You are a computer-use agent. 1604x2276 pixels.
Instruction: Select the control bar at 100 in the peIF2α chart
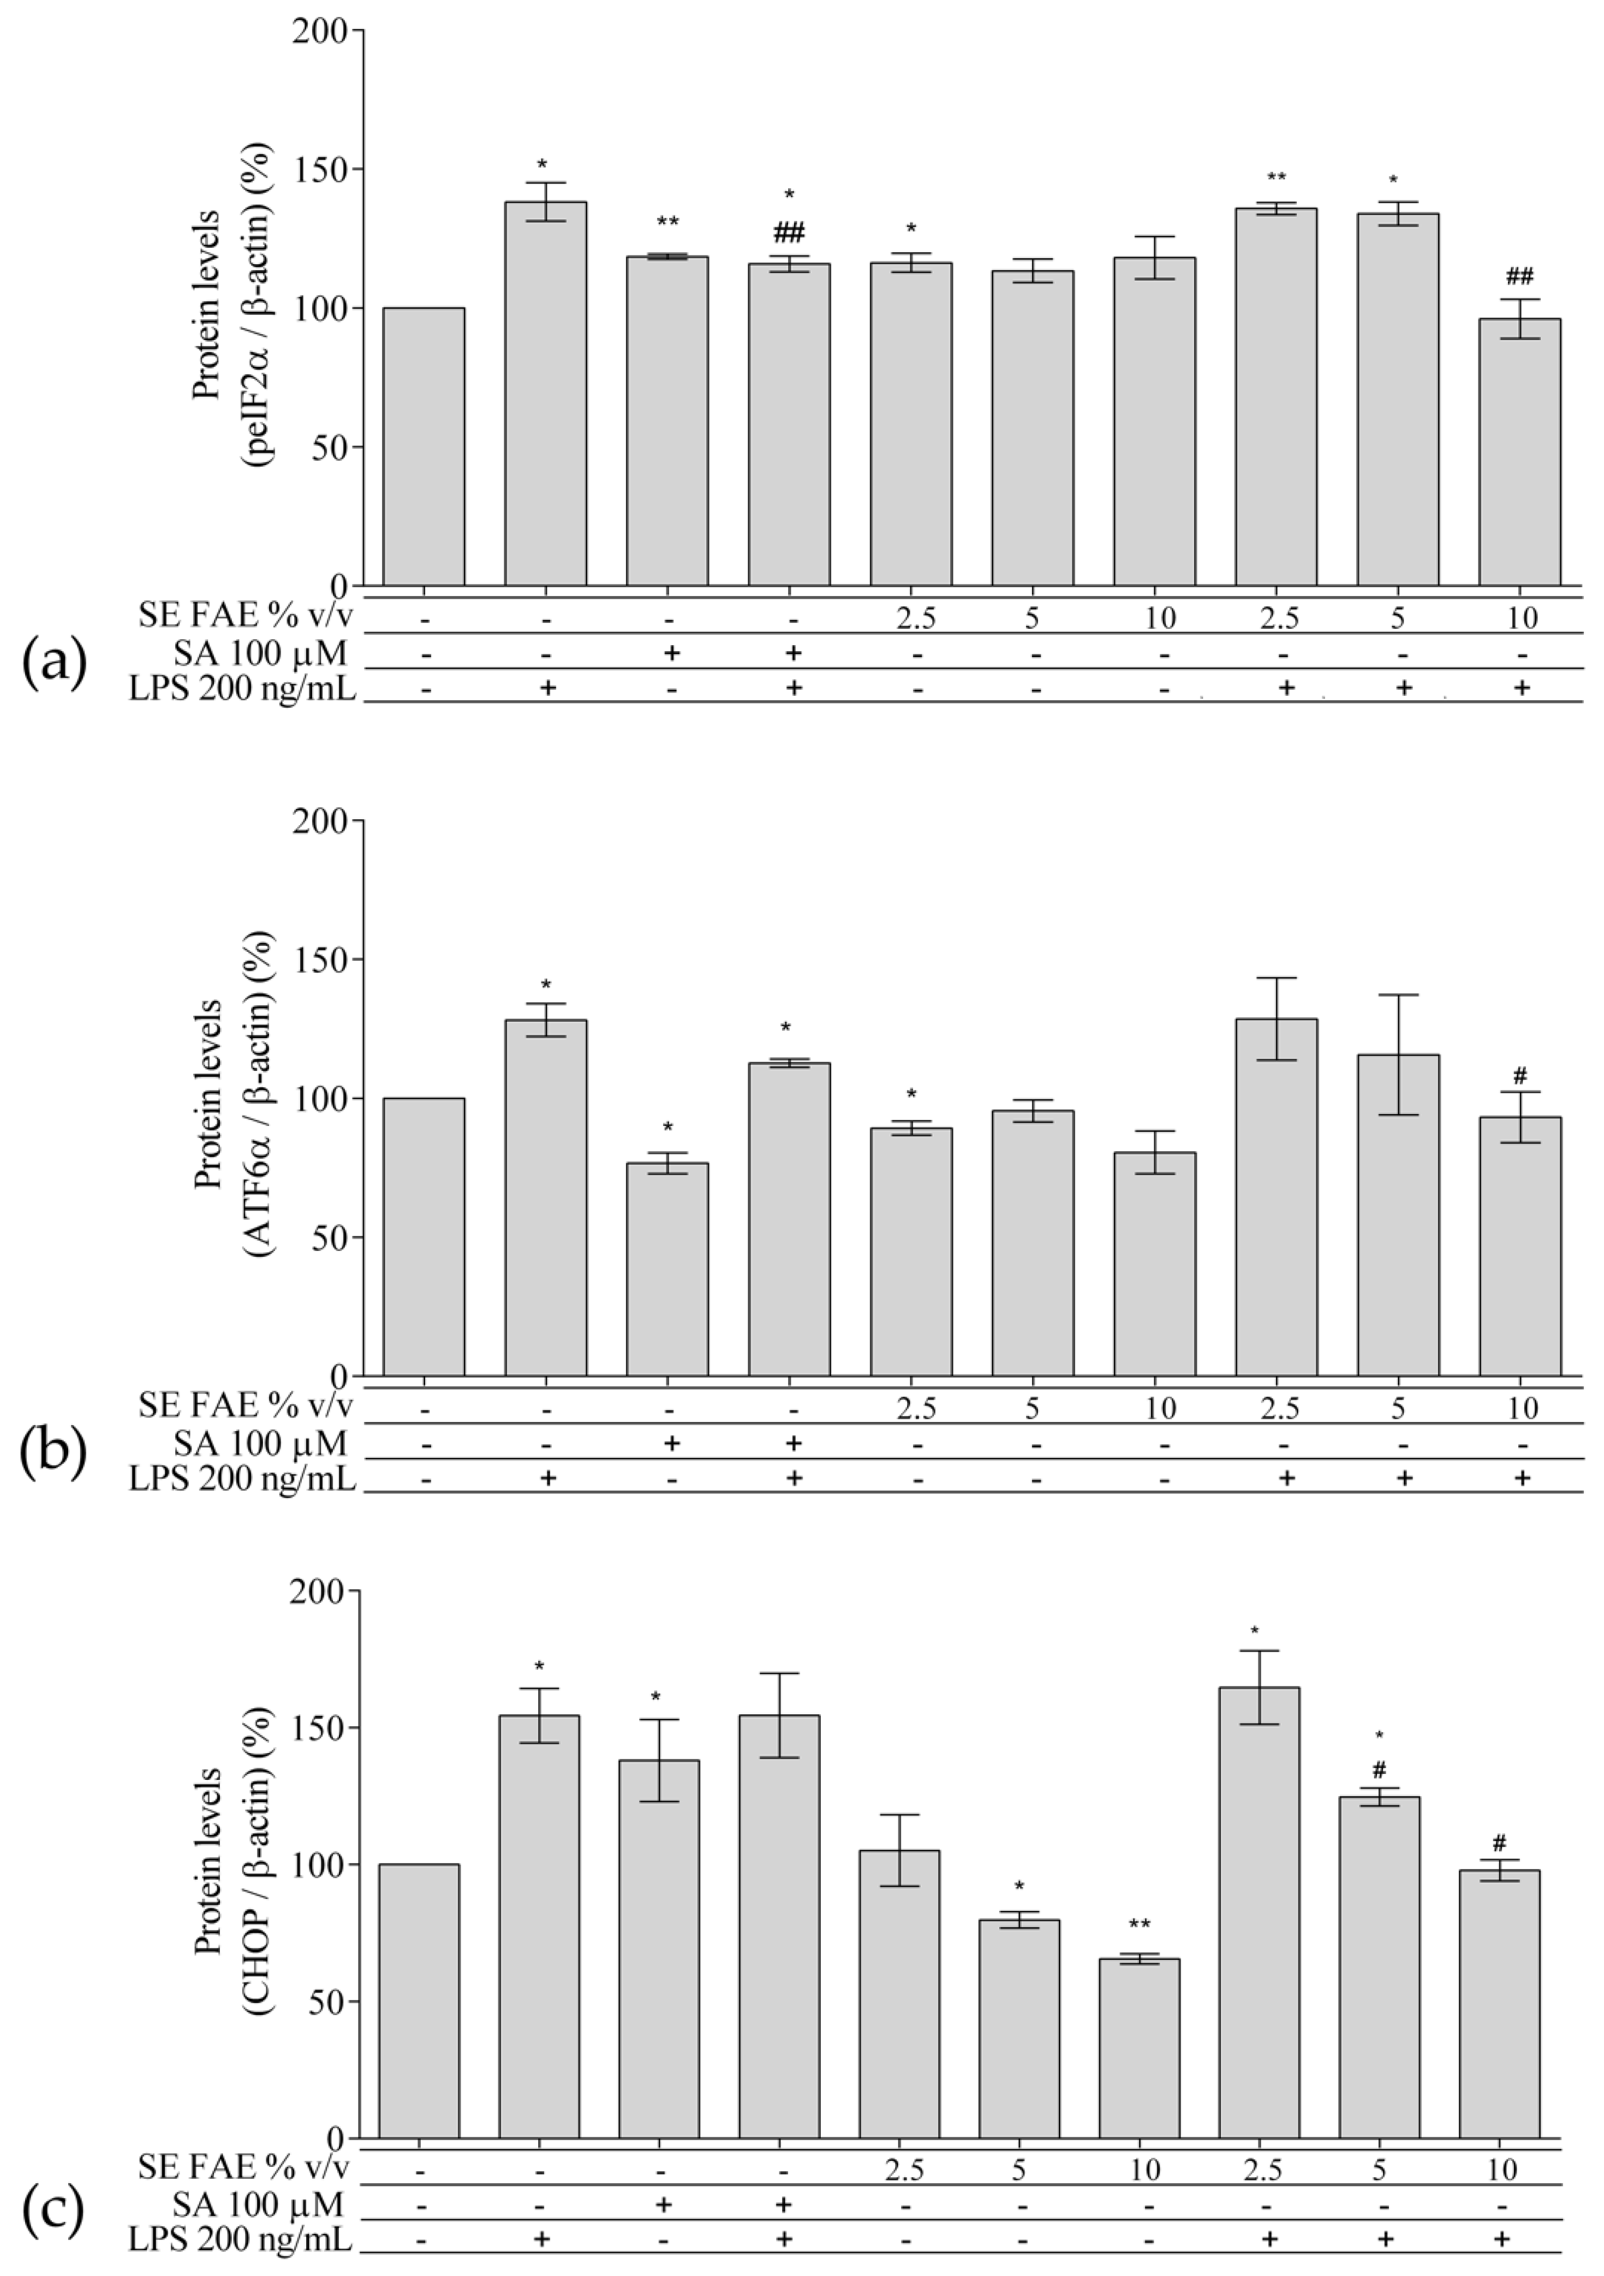(424, 446)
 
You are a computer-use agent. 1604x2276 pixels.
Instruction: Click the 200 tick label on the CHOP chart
(319, 1591)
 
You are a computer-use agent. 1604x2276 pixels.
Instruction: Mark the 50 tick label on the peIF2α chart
(329, 447)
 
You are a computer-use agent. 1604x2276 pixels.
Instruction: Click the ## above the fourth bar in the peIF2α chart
(789, 233)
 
